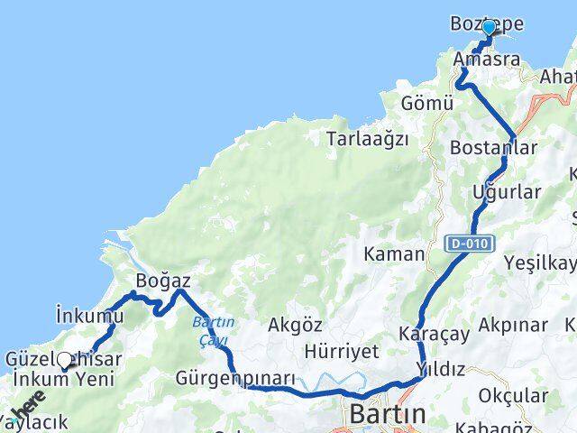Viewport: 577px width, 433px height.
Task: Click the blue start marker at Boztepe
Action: [489, 28]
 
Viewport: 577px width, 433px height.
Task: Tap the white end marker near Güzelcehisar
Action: [63, 358]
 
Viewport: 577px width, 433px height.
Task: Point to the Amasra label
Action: [487, 60]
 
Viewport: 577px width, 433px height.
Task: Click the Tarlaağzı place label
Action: [368, 139]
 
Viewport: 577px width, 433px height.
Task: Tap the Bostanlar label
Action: [493, 147]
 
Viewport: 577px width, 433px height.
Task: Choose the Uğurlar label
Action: [507, 191]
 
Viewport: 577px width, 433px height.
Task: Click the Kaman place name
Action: [394, 254]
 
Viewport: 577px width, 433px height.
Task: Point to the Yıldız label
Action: [441, 369]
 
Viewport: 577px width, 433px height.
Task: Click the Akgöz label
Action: [297, 323]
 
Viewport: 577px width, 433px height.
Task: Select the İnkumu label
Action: [89, 315]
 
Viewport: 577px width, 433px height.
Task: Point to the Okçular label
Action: [513, 395]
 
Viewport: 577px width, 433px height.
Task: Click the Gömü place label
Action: [428, 103]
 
